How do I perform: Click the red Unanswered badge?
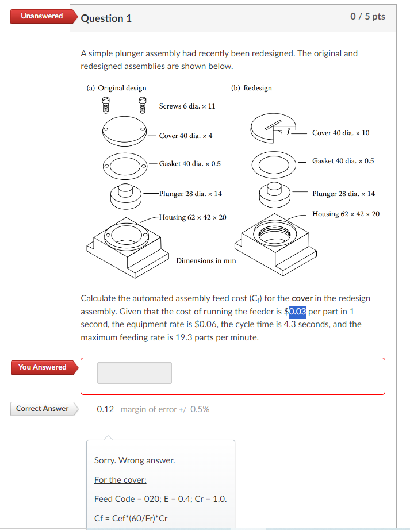click(x=41, y=16)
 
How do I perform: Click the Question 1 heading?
click(x=106, y=18)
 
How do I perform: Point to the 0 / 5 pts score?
click(x=367, y=17)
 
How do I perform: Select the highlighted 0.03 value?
click(x=297, y=312)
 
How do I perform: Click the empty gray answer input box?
click(x=135, y=373)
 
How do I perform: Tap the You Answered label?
click(x=42, y=367)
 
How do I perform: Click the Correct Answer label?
click(x=42, y=409)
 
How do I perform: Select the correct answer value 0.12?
click(x=105, y=409)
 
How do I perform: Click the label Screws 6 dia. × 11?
click(x=187, y=106)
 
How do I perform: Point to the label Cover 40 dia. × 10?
click(x=340, y=133)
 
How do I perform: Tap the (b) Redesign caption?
click(x=251, y=88)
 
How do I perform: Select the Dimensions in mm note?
click(x=206, y=260)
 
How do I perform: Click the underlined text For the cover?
click(x=120, y=479)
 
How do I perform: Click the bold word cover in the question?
click(x=302, y=298)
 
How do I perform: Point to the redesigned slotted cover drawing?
click(x=273, y=129)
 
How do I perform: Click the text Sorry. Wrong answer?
click(x=135, y=460)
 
